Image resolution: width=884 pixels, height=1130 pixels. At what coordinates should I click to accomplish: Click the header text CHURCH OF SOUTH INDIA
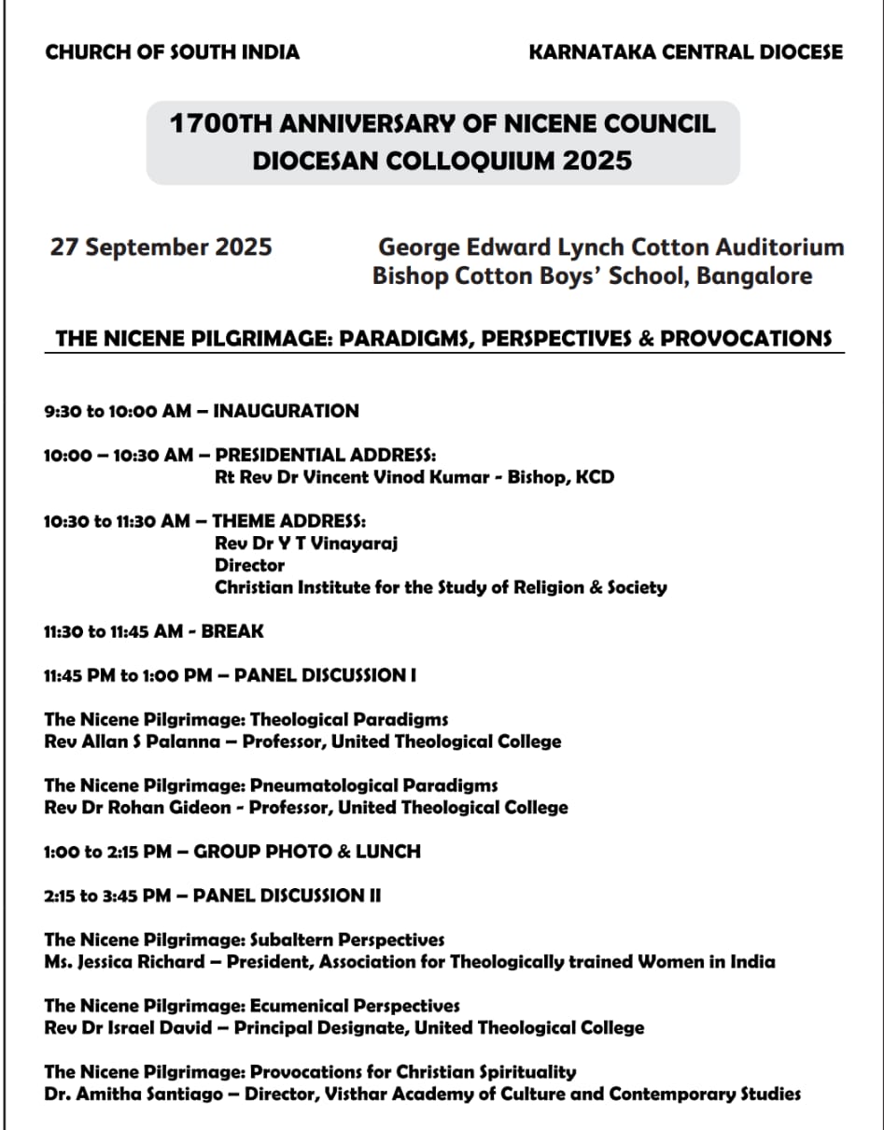172,52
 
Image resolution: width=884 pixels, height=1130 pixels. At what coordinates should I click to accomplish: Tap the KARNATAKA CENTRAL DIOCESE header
685,52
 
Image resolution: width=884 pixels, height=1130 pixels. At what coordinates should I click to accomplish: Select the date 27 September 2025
161,247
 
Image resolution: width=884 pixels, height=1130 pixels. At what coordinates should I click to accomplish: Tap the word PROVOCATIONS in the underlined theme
746,338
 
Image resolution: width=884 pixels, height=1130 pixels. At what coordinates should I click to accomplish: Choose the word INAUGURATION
287,411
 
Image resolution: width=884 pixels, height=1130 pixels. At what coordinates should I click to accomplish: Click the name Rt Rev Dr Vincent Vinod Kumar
356,477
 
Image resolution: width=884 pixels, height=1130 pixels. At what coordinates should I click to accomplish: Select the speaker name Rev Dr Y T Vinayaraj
306,544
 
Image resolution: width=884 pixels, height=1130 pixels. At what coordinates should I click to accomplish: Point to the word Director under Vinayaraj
249,565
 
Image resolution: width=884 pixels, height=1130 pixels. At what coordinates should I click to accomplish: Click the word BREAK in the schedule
232,631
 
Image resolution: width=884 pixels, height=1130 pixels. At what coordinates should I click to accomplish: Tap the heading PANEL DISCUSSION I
325,675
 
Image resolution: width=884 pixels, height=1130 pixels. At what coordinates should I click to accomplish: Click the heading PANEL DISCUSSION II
287,896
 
